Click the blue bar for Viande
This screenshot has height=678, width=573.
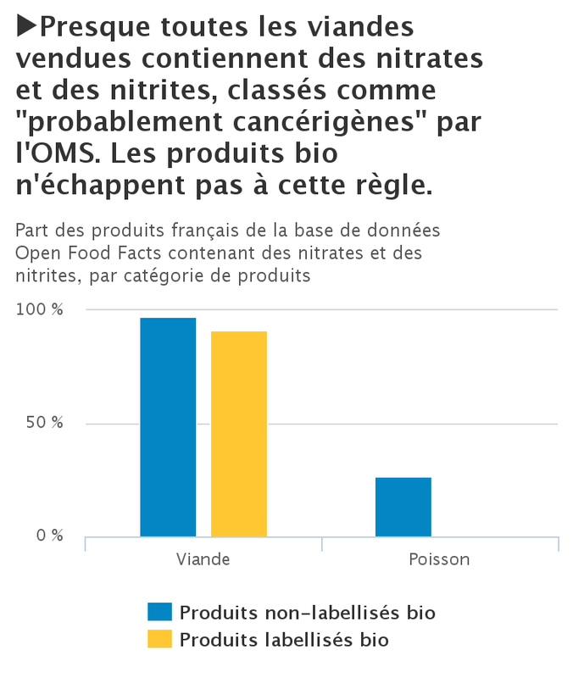tap(168, 427)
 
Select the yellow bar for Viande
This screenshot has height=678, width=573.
tap(239, 434)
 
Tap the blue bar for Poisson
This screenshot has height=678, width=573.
tap(403, 507)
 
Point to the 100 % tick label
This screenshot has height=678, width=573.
tap(40, 310)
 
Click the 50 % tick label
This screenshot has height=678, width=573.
tap(43, 423)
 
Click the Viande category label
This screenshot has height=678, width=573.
tap(203, 560)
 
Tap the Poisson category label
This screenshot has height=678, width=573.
tap(439, 560)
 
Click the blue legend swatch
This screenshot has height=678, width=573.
tap(159, 613)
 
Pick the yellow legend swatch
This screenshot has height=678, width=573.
tap(159, 639)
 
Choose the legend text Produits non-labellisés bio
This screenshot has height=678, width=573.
tap(309, 613)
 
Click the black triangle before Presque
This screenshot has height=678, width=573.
tap(26, 28)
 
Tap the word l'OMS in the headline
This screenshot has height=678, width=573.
tap(53, 154)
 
